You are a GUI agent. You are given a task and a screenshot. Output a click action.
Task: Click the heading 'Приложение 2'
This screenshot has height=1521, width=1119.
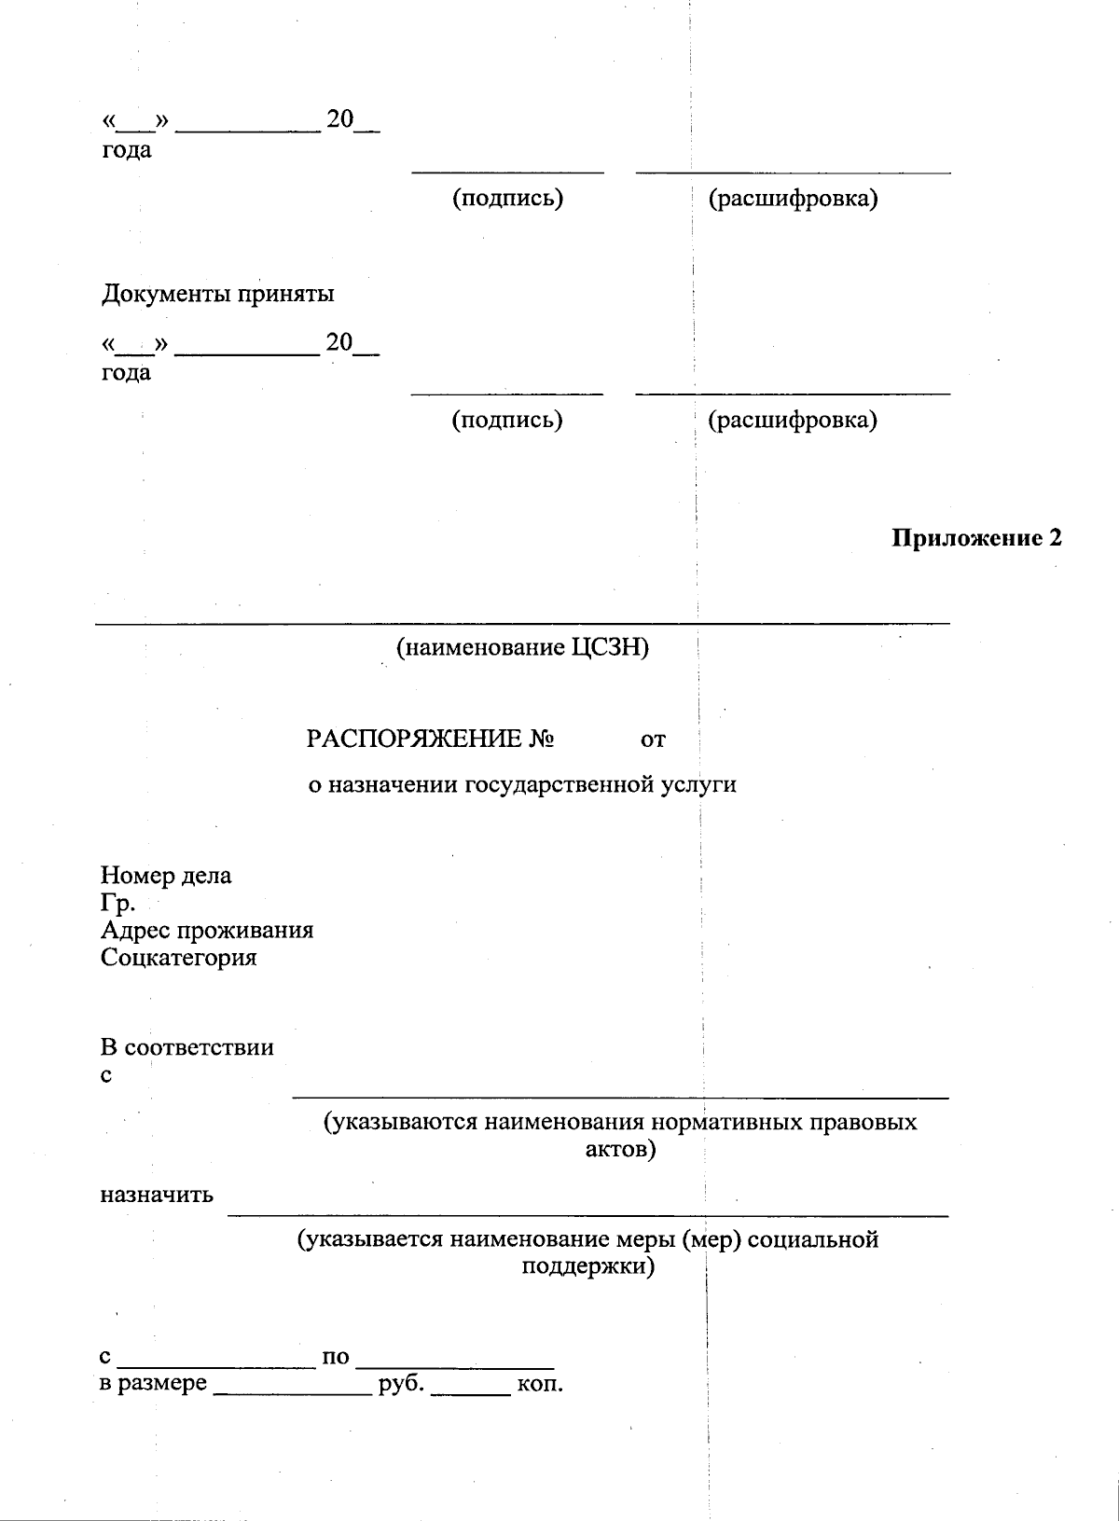pos(976,538)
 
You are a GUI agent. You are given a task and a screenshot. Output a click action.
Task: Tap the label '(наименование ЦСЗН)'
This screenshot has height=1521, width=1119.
pos(522,647)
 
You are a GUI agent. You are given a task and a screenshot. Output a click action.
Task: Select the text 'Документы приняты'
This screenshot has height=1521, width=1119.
pos(217,294)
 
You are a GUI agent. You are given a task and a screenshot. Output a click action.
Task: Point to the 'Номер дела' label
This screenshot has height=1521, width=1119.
pos(166,876)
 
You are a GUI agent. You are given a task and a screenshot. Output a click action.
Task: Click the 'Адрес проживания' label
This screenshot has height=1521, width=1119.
pos(207,930)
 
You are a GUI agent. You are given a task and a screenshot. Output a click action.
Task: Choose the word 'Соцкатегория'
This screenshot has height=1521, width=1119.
pos(179,957)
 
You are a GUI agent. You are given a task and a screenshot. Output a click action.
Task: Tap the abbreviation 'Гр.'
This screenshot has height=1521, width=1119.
pos(118,903)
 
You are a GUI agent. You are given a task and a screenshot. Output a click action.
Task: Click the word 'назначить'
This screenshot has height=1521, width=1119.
pos(157,1195)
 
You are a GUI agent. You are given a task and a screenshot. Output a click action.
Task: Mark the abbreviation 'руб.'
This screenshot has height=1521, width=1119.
pos(401,1383)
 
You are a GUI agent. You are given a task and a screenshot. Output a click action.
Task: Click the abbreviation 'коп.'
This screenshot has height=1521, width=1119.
pos(540,1383)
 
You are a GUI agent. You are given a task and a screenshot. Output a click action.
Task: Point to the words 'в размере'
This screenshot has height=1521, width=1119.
pos(154,1383)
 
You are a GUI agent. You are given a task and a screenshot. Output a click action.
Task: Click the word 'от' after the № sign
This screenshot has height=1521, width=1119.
pos(654,740)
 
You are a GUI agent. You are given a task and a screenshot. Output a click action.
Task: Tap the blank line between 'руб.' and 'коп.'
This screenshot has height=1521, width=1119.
pos(471,1391)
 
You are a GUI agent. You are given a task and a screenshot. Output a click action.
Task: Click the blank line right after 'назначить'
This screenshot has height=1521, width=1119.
pos(587,1214)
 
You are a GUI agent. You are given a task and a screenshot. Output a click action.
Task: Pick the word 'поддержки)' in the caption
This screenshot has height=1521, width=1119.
pos(587,1266)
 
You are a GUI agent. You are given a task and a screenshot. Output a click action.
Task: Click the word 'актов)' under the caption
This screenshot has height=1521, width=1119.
pos(620,1149)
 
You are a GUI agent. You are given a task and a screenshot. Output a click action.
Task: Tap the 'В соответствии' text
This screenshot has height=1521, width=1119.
pos(187,1047)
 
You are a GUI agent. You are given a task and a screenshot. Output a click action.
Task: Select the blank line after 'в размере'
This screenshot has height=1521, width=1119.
pos(293,1391)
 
